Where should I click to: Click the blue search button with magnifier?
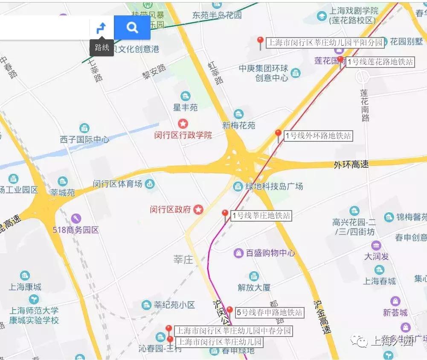point(132,28)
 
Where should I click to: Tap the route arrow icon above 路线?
point(102,28)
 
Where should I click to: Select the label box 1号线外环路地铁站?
point(318,136)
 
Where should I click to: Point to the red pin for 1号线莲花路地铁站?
point(340,60)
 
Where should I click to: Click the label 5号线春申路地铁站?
point(269,313)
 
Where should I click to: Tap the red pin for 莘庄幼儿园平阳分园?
point(260,41)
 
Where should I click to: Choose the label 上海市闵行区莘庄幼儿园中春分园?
point(233,331)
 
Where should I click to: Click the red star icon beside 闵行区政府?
point(198,209)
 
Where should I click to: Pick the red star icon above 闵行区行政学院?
point(183,124)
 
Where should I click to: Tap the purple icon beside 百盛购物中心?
point(238,253)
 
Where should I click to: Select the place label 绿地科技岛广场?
point(274,186)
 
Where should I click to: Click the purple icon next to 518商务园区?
point(76,219)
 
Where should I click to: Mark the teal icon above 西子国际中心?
point(84,128)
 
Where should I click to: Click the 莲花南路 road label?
point(364,105)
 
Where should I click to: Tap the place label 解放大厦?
point(254,287)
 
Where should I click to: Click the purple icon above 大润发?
point(376,246)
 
